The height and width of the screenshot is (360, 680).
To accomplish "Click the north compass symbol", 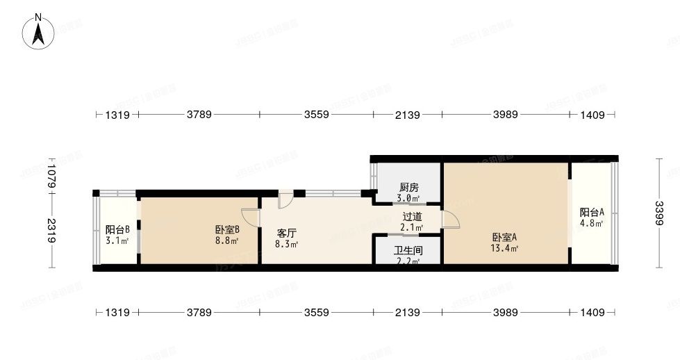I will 40,31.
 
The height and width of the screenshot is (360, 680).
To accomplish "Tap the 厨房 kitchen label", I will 408,188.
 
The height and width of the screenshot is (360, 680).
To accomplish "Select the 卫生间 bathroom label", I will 408,251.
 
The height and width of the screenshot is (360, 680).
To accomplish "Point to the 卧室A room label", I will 504,237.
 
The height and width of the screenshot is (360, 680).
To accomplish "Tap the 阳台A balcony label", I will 592,213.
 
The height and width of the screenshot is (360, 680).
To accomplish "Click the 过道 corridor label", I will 412,216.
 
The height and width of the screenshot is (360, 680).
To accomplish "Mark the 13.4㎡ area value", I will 504,247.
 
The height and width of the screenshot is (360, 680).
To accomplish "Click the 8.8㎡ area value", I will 227,241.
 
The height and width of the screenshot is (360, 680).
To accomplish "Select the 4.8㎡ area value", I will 592,223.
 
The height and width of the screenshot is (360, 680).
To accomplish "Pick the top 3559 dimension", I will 316,115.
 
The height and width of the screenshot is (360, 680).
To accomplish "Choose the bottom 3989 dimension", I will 506,313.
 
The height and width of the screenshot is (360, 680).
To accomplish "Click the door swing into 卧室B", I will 251,217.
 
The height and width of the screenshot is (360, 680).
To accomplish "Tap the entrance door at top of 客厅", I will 285,199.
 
